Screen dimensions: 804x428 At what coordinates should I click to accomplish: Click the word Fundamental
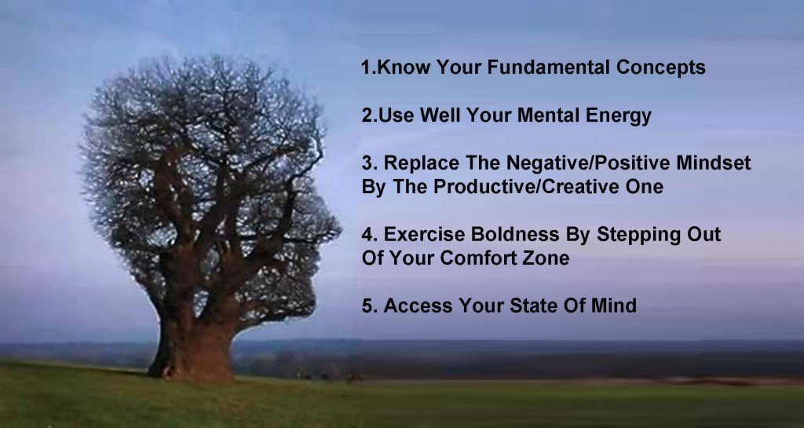[x=548, y=68]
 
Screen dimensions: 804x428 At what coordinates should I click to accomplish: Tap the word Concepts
[x=661, y=68]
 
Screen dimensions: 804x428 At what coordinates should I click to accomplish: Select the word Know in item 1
[x=403, y=68]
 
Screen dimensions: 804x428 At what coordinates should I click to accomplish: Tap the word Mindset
[x=713, y=163]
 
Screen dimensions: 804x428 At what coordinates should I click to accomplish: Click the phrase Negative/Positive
[x=588, y=164]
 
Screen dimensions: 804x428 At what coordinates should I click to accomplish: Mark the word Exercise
[x=424, y=234]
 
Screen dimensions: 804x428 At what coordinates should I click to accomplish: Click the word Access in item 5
[x=418, y=305]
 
